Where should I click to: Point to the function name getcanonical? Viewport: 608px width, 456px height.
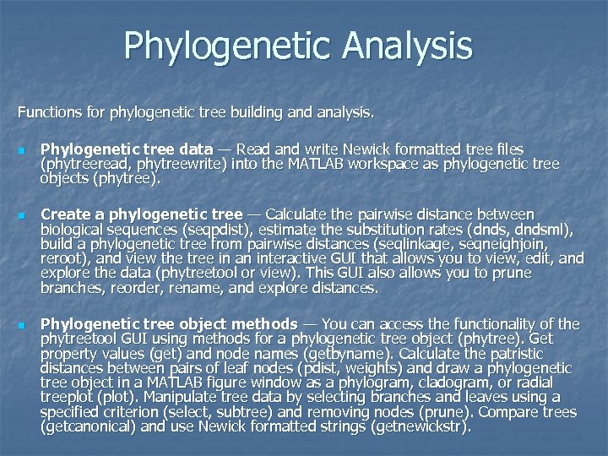point(88,426)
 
